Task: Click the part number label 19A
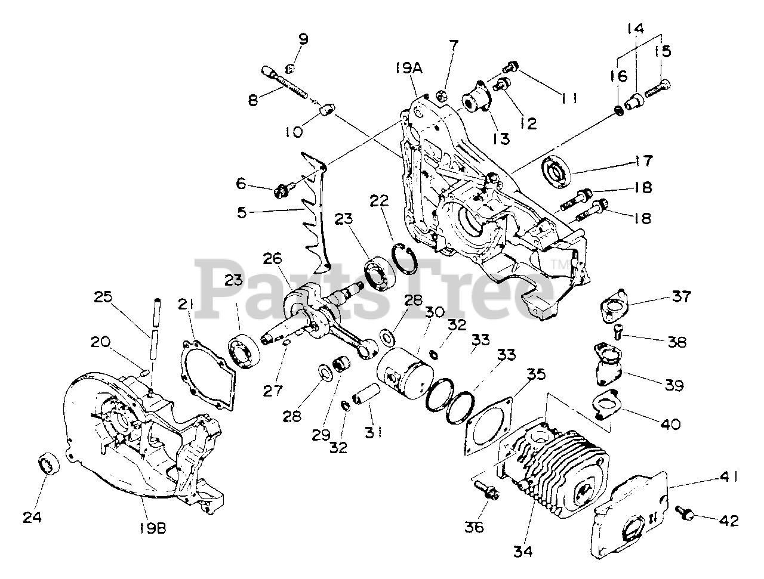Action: tap(408, 68)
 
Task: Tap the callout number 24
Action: tap(33, 518)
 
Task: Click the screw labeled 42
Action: tap(685, 511)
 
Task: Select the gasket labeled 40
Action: tap(607, 405)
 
